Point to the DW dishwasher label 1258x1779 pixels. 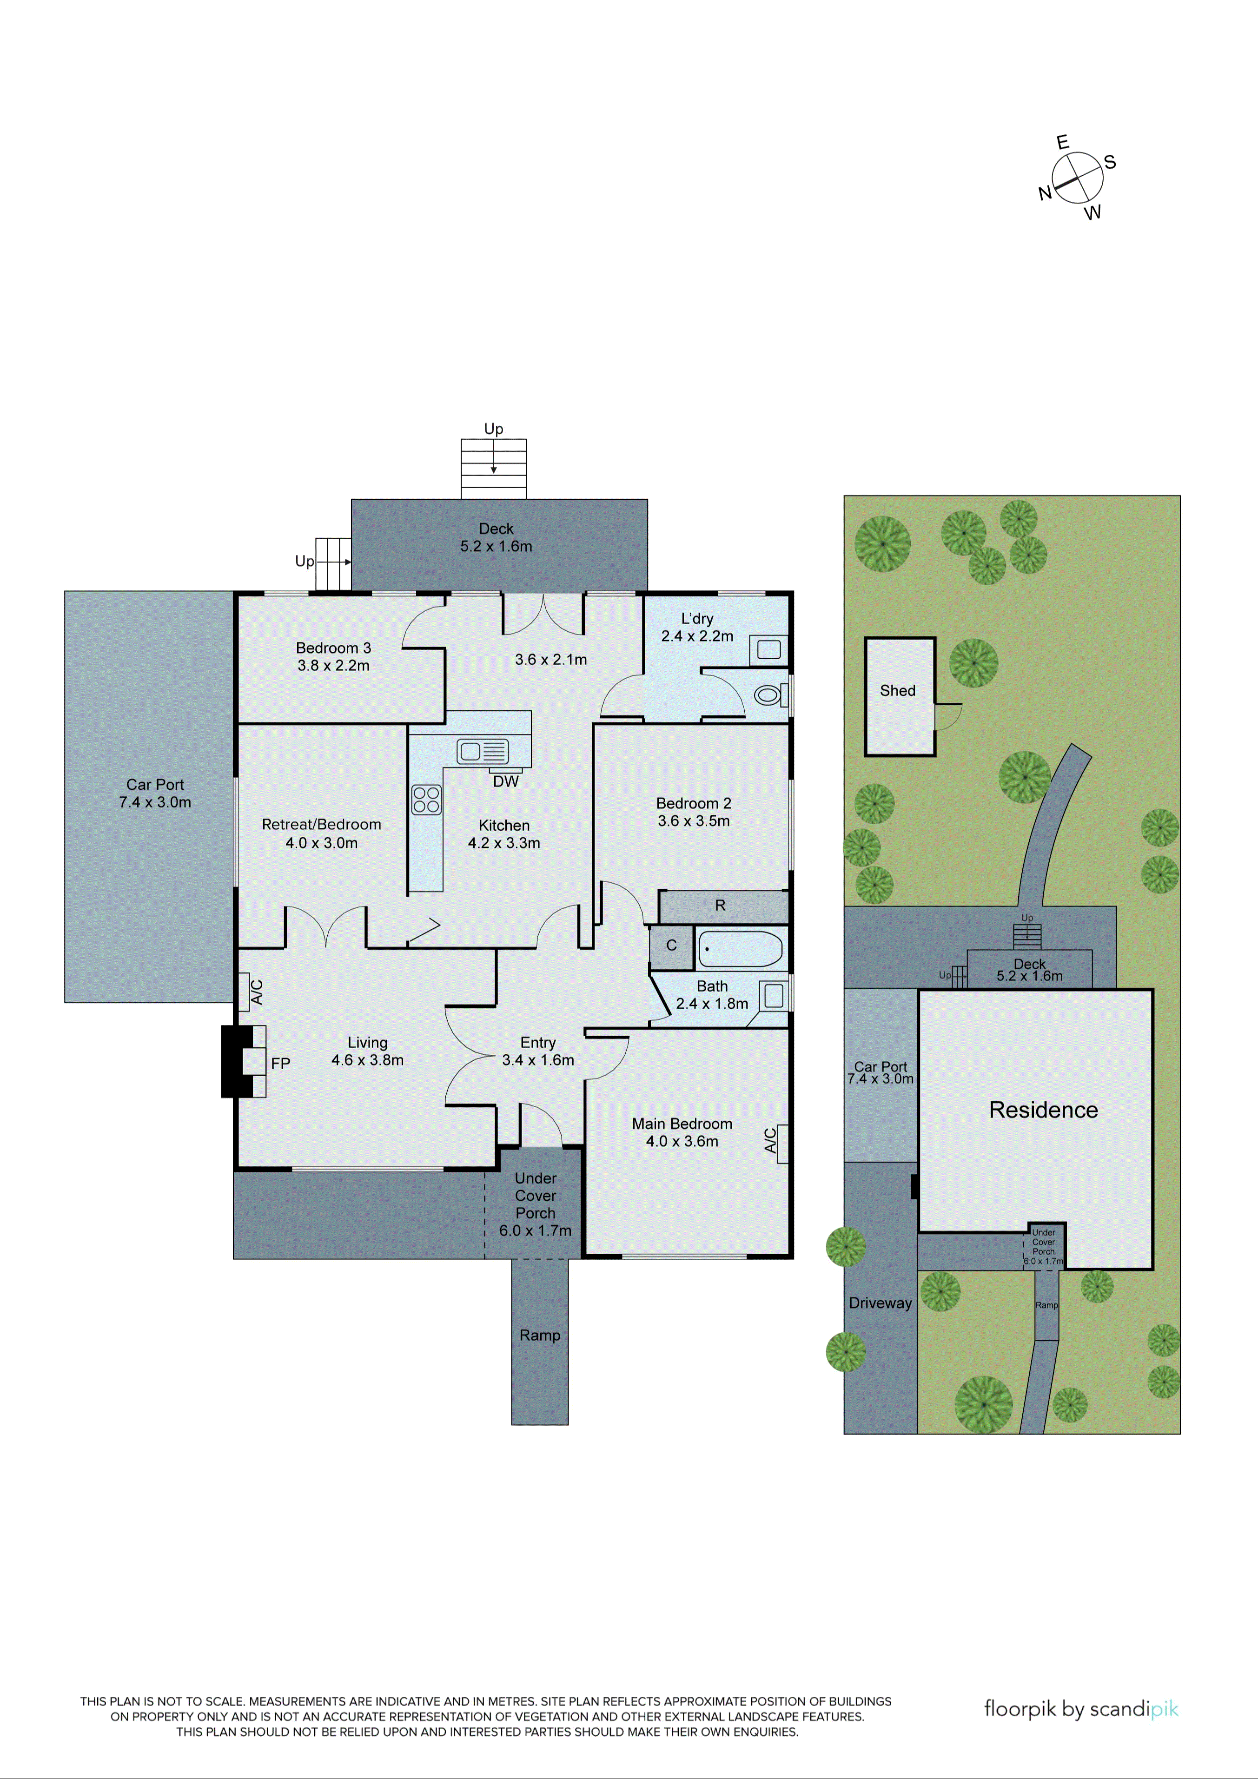click(x=505, y=781)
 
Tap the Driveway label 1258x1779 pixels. click(x=880, y=1303)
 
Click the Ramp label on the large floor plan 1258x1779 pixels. click(x=539, y=1335)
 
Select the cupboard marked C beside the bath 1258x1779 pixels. click(x=671, y=946)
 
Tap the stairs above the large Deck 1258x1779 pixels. click(x=494, y=469)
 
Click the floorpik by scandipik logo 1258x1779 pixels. click(x=1080, y=1708)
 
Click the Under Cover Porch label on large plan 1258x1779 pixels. click(x=535, y=1204)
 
